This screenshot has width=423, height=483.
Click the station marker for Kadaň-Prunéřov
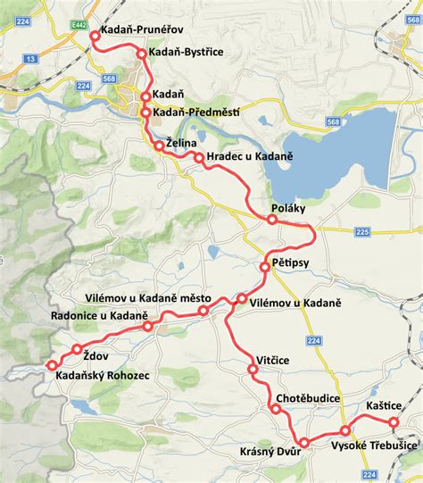[95, 36]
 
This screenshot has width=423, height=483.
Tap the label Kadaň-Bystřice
[186, 54]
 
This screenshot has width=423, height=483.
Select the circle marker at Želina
[159, 145]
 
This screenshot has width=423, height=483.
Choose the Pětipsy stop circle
[265, 267]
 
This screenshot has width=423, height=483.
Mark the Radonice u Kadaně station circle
[148, 327]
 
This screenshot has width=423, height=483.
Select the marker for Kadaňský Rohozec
[50, 365]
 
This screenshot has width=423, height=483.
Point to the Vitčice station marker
[253, 367]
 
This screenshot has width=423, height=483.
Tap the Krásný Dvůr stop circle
[303, 443]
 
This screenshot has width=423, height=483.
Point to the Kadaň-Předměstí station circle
[145, 112]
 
